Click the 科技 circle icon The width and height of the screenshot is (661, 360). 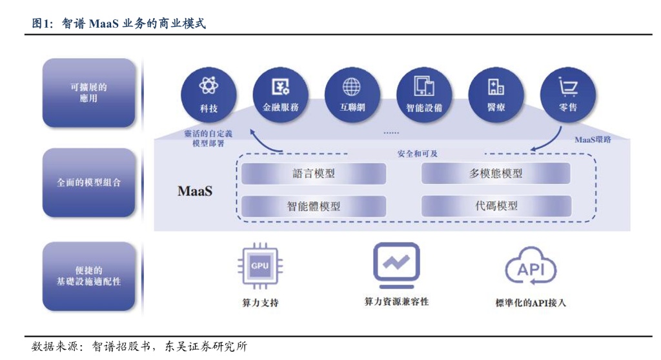[208, 94]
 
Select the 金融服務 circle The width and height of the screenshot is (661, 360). [280, 94]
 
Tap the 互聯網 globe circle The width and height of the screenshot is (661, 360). [352, 94]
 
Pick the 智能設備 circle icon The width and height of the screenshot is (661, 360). [423, 94]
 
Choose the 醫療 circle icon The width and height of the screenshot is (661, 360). [496, 94]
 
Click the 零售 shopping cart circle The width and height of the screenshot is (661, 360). [567, 94]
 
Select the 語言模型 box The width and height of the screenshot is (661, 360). [314, 174]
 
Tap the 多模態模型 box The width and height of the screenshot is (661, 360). [495, 174]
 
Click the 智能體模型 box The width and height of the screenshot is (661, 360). [314, 206]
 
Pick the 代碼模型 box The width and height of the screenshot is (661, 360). [495, 206]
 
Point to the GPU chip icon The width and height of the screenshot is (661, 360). [260, 266]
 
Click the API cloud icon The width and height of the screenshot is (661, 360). [531, 268]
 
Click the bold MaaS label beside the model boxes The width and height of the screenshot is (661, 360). [195, 192]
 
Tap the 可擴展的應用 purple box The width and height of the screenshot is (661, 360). [89, 93]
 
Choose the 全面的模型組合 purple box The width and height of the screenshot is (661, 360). [89, 183]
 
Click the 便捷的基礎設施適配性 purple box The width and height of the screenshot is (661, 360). [89, 276]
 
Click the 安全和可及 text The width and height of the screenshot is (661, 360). [417, 154]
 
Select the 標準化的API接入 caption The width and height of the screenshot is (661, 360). [531, 303]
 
